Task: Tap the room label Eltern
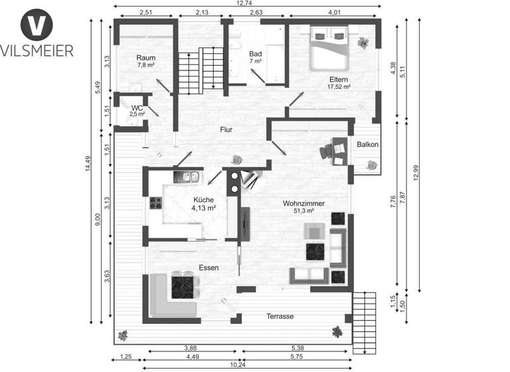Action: click(338, 78)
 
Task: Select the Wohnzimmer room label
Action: click(303, 203)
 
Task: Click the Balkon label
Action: click(367, 145)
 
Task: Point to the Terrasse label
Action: click(280, 316)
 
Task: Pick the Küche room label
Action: click(203, 199)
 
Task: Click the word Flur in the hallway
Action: click(226, 130)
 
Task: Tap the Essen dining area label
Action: click(209, 268)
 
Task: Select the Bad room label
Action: click(256, 53)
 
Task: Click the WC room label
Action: click(137, 108)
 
